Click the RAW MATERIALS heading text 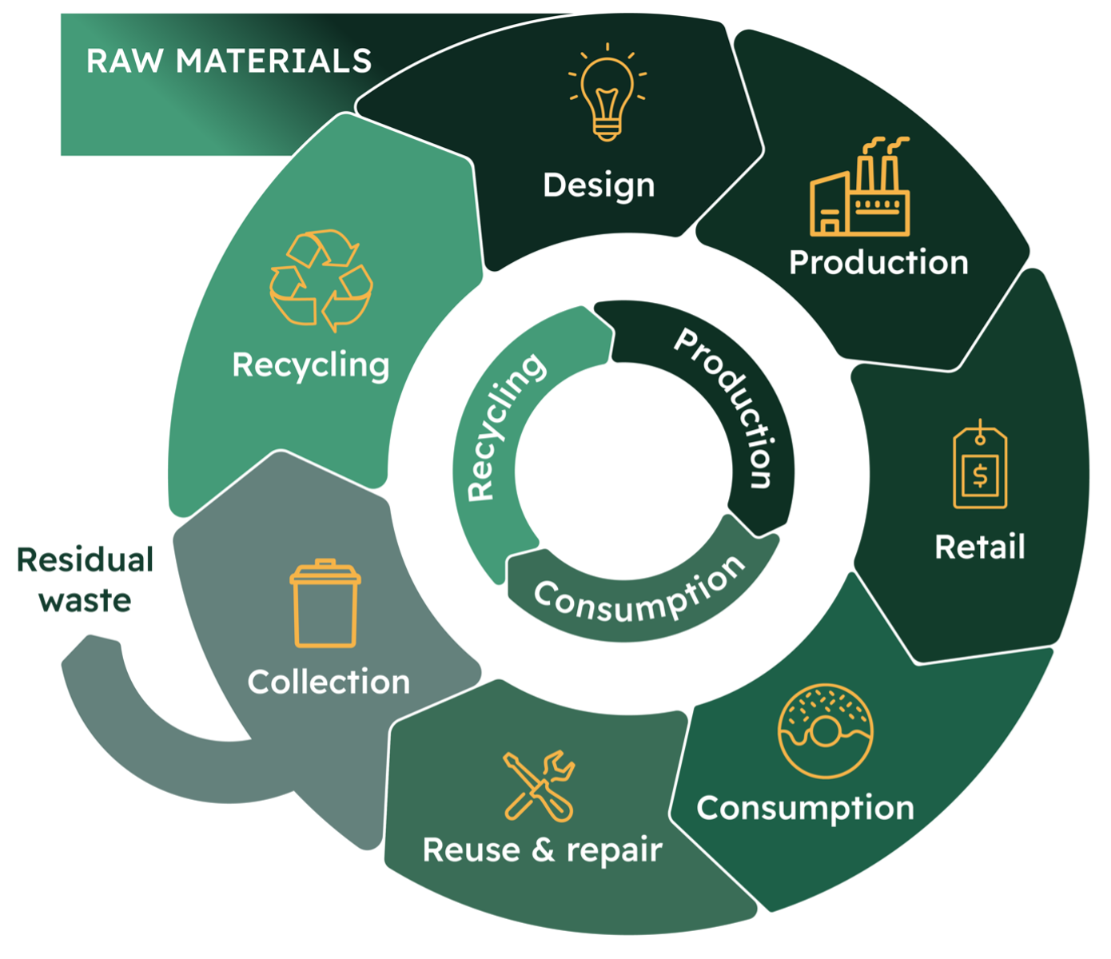229,60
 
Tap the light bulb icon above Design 607,93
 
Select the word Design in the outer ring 599,186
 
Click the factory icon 860,186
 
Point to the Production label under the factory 878,263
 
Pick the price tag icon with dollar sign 980,464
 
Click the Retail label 980,547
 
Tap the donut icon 825,731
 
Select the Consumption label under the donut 805,809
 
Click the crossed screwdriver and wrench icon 539,786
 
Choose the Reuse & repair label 543,850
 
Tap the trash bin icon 325,603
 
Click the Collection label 329,682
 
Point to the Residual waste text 85,579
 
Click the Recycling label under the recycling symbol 311,366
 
